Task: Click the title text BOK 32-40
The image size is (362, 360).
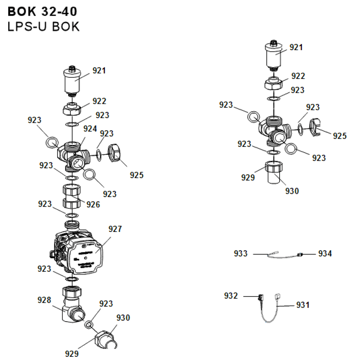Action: coord(42,11)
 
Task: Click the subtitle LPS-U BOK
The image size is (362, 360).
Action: coord(43,27)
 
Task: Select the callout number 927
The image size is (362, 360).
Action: coord(115,229)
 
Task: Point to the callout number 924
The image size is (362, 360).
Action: coord(90,128)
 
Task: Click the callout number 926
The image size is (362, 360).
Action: coord(93,205)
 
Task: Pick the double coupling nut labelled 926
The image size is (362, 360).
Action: coord(72,196)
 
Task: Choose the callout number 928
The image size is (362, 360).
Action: coord(44,300)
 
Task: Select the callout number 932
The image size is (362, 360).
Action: coord(231,296)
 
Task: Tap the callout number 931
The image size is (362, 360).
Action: coord(303,305)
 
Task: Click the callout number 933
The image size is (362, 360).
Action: coord(241,254)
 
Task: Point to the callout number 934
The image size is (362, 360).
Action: coord(325,254)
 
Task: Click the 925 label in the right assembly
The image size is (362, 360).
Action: coord(340,136)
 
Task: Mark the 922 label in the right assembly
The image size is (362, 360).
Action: coord(298,76)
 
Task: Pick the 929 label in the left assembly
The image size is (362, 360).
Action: coord(72,354)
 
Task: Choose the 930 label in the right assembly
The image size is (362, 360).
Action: coord(292,191)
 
